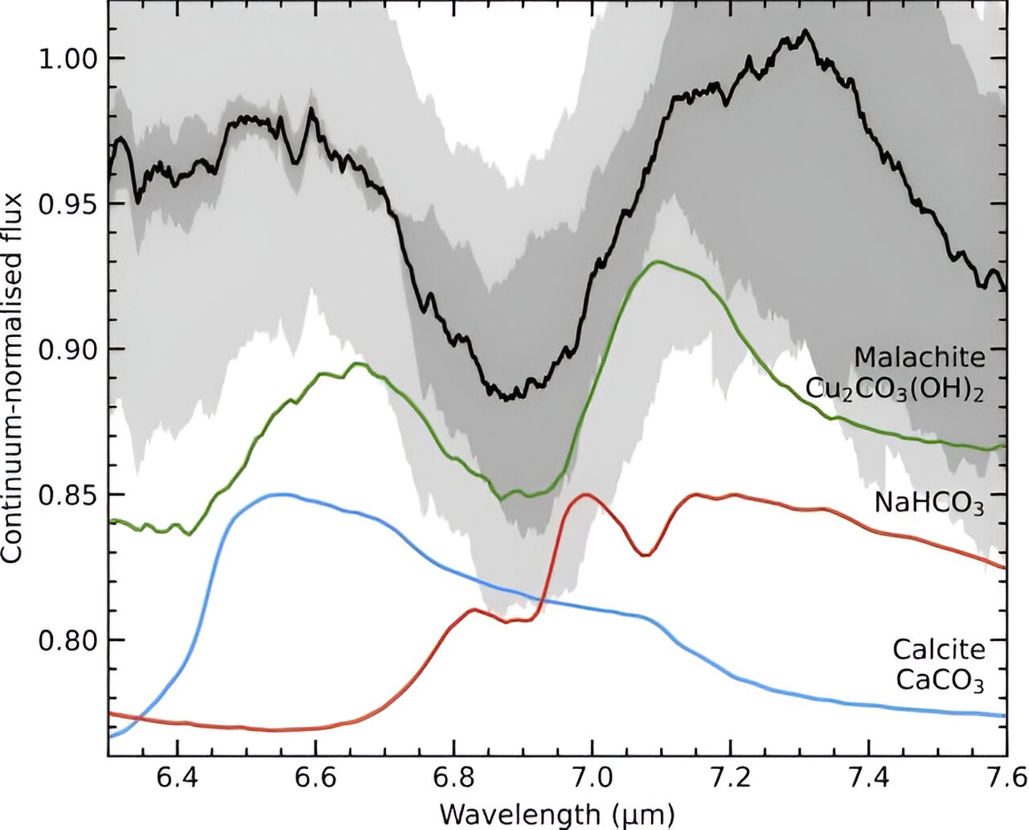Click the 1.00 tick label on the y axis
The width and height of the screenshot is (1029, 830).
pyautogui.click(x=68, y=59)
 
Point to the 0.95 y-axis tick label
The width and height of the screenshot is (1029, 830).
pyautogui.click(x=68, y=203)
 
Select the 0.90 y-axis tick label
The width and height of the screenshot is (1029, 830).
pyautogui.click(x=68, y=349)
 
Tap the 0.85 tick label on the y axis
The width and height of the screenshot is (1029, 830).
pyautogui.click(x=68, y=495)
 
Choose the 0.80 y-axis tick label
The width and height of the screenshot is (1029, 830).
pyautogui.click(x=68, y=640)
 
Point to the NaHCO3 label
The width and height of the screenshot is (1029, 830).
pyautogui.click(x=929, y=503)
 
